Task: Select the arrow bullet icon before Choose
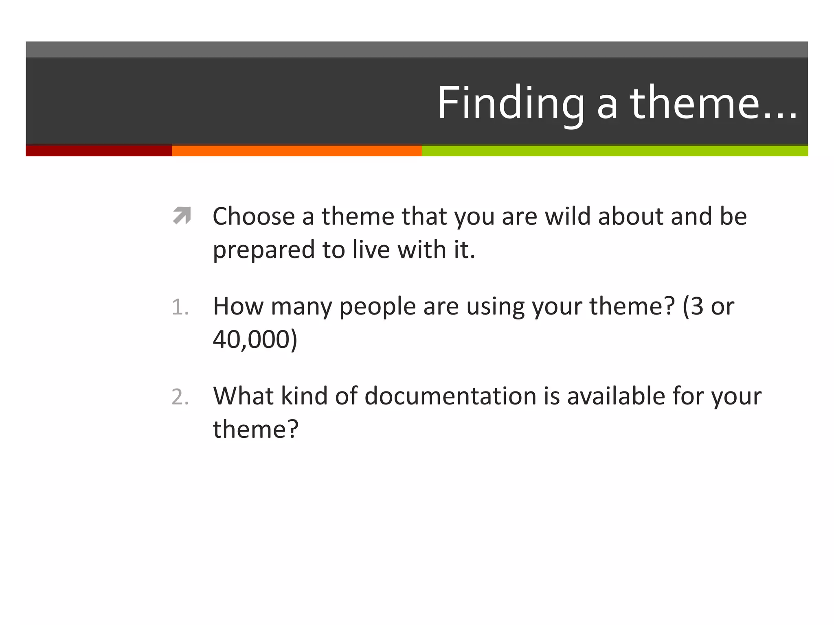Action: point(182,216)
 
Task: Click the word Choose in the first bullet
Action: point(253,216)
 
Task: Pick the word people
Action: point(377,307)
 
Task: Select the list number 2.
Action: point(180,397)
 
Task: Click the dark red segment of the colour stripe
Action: point(99,151)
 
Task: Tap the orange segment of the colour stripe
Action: point(296,151)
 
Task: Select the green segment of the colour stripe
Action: point(615,151)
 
